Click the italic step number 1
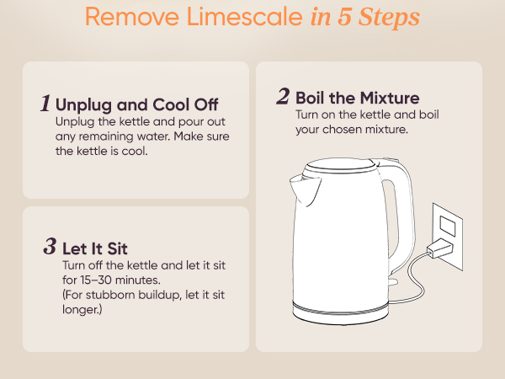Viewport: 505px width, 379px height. coord(45,104)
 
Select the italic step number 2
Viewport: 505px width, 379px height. coord(284,96)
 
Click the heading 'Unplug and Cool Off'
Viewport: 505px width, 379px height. coord(136,106)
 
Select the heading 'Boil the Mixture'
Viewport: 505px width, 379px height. coord(357,98)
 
